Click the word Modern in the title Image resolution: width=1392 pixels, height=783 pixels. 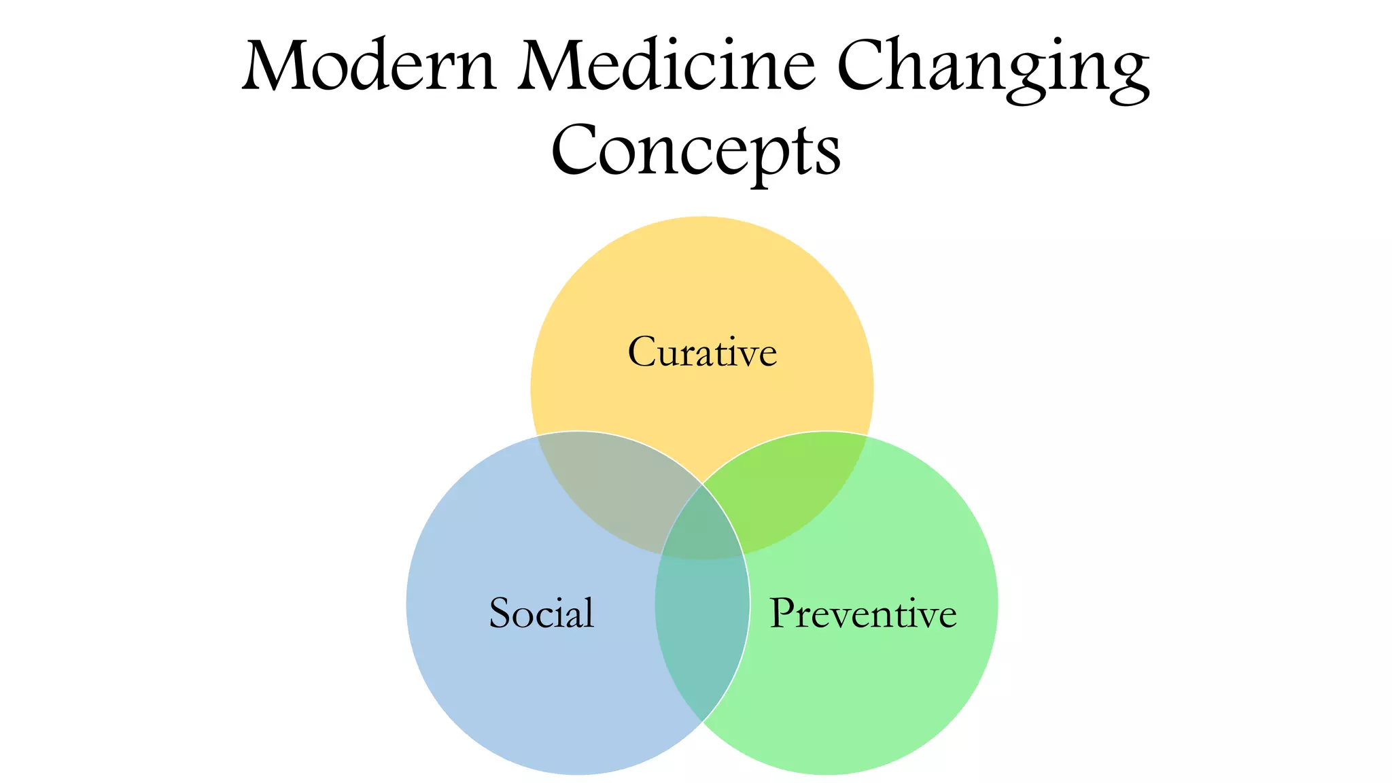[x=369, y=66]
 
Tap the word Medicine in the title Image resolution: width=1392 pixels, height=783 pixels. [x=666, y=66]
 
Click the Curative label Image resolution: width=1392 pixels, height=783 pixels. [x=702, y=352]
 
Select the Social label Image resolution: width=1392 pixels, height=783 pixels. [x=542, y=612]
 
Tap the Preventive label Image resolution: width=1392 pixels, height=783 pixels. [x=863, y=613]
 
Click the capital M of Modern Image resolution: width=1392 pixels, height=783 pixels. [x=275, y=66]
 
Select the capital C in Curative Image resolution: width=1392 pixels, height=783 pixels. [x=642, y=352]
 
